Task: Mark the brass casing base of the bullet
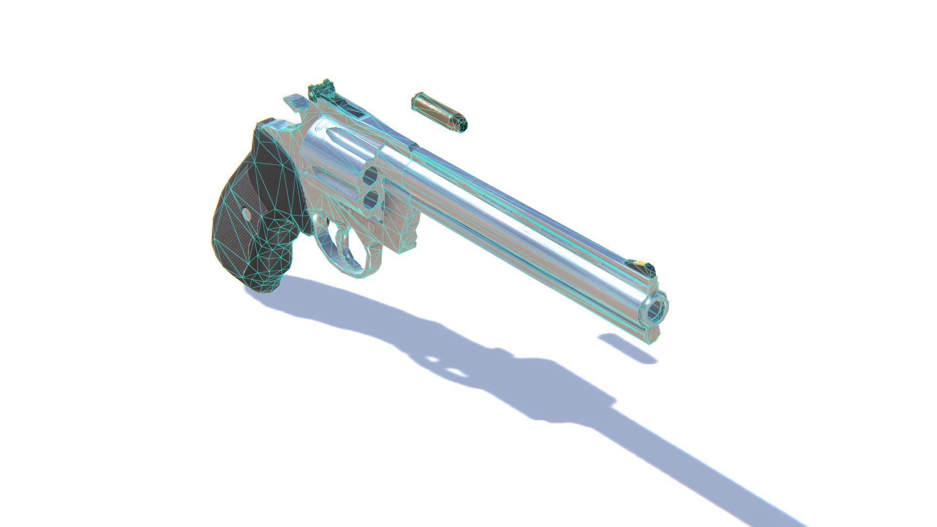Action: click(416, 101)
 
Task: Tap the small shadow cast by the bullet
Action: click(627, 348)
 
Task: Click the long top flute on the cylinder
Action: click(342, 138)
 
